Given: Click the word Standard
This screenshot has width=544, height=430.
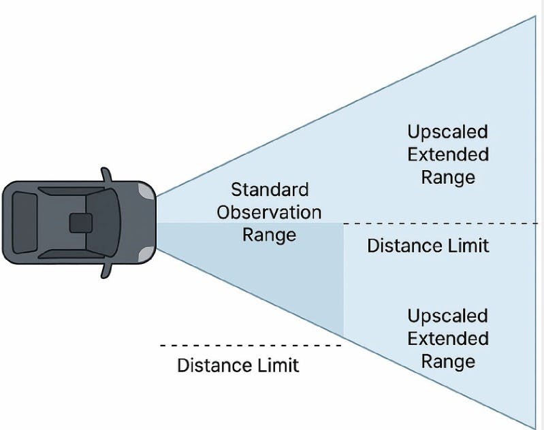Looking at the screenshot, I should tap(269, 189).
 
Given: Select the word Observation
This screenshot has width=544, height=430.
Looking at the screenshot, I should tap(269, 212).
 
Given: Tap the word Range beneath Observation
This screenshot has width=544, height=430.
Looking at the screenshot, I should tap(269, 235).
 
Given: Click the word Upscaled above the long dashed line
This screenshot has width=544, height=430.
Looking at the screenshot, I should tap(447, 131).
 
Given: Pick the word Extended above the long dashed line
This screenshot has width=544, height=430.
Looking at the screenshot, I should tap(447, 154).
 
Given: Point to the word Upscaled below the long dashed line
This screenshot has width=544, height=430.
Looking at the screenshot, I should tap(447, 316).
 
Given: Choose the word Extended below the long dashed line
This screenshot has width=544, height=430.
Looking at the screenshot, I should tap(447, 338).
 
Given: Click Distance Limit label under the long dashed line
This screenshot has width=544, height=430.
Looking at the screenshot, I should tap(428, 245).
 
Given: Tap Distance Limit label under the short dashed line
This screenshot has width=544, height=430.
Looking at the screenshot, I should tap(238, 365).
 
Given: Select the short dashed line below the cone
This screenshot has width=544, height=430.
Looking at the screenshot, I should tap(249, 346).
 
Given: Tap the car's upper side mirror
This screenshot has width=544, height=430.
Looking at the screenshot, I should tap(106, 174).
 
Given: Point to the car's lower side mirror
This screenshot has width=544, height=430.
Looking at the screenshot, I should tap(106, 270).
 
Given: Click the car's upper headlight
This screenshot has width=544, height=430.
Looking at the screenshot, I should tap(146, 193).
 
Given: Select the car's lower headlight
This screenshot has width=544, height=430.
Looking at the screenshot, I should tap(146, 252).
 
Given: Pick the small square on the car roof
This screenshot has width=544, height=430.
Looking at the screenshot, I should tap(80, 223).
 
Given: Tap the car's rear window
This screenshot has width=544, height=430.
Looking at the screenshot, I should tap(25, 222).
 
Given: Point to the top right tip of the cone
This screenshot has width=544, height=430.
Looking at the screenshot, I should tap(535, 16).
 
